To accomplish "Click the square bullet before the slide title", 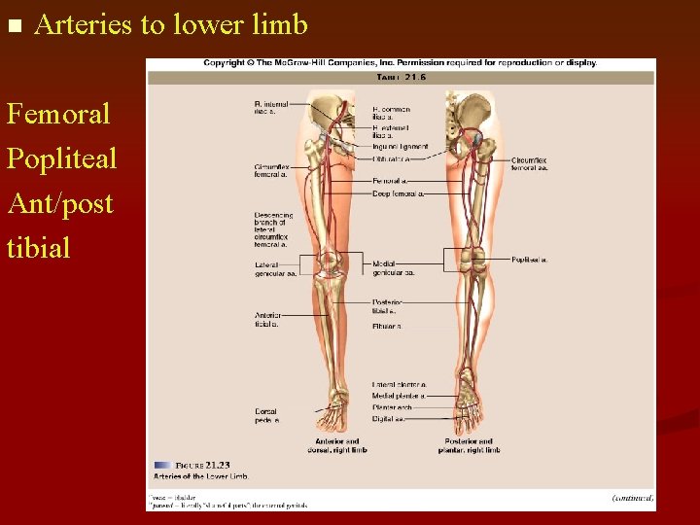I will (x=14, y=25).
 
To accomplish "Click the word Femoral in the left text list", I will (x=58, y=114).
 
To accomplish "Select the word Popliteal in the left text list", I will (x=61, y=158).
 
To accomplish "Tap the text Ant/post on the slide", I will (x=59, y=203).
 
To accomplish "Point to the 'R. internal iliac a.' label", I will (x=270, y=107).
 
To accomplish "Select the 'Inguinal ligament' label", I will (x=400, y=147).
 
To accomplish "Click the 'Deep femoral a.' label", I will (x=399, y=193).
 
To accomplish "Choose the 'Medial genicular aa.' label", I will (x=393, y=268).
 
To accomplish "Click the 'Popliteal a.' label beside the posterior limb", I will (x=530, y=260).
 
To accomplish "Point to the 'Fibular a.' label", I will (x=387, y=326).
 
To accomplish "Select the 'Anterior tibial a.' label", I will (x=268, y=320).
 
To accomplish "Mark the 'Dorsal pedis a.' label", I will (x=267, y=416).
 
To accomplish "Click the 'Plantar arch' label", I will (x=393, y=407).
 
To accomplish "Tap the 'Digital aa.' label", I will (x=389, y=419).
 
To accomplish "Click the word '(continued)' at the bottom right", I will (x=632, y=497).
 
